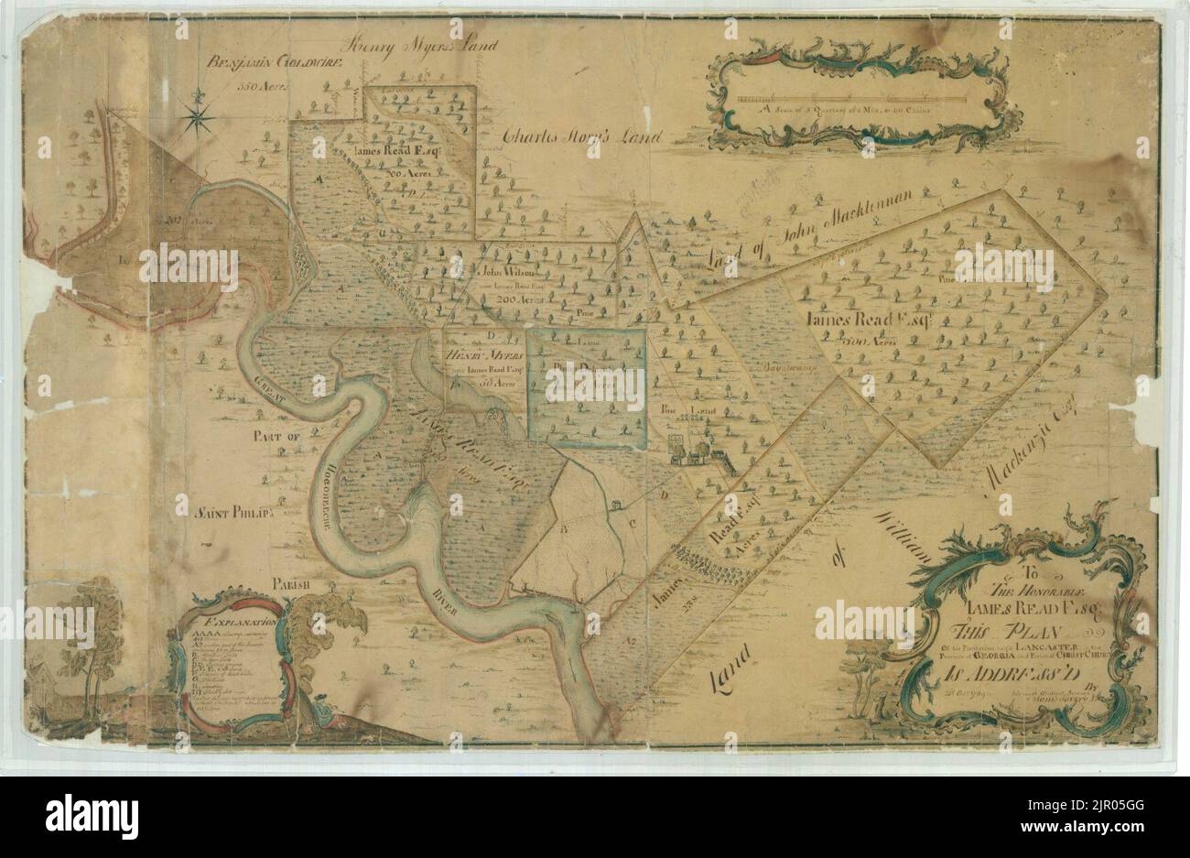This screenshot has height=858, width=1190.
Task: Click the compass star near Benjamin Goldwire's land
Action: click(200, 114)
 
